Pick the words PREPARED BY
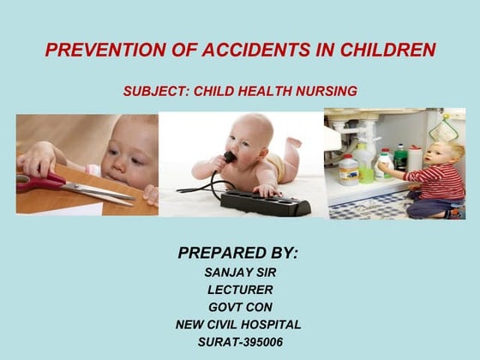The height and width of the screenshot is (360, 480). click(237, 253)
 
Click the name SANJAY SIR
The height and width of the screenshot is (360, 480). click(239, 273)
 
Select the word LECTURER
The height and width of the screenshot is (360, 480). click(239, 290)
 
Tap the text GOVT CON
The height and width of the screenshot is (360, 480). click(239, 307)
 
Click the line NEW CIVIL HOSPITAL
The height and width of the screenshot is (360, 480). click(239, 324)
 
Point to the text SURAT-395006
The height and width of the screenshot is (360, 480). click(239, 341)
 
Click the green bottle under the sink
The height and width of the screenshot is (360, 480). click(400, 158)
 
